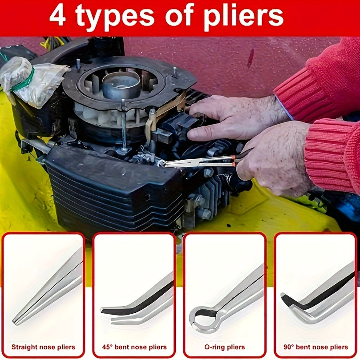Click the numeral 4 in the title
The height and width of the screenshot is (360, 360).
click(58, 16)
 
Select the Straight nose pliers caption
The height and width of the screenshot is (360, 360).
click(43, 347)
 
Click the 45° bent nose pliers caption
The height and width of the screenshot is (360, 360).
click(134, 347)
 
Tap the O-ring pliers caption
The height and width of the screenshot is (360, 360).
click(225, 347)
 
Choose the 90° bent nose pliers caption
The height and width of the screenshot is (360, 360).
click(316, 347)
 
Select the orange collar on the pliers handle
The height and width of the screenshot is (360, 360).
click(233, 160)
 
